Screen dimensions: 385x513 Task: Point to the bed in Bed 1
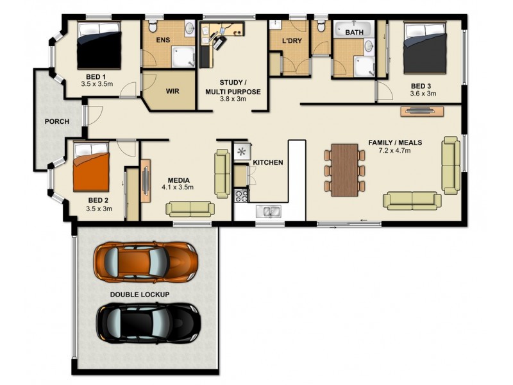tap(99, 46)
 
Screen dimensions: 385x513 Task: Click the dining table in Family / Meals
tap(345, 168)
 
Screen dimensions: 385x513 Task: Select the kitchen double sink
tap(268, 210)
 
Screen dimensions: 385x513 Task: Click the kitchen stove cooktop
tap(242, 194)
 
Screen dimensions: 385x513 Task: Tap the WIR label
tap(172, 91)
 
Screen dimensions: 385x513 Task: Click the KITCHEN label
tap(267, 162)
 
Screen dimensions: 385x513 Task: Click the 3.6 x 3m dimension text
tap(423, 94)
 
